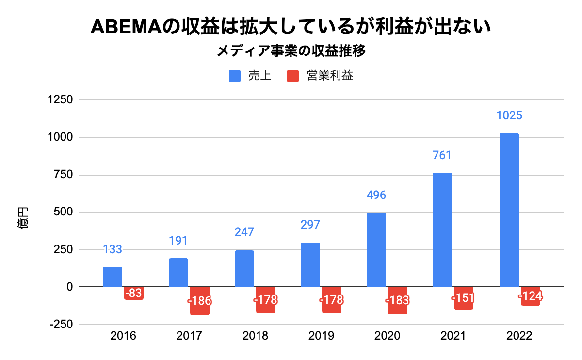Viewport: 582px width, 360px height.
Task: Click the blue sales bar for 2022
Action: click(509, 210)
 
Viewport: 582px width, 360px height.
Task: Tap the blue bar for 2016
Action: click(113, 277)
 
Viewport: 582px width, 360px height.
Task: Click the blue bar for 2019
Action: click(310, 264)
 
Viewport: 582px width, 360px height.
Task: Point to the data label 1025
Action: click(509, 116)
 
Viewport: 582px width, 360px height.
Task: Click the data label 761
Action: click(442, 155)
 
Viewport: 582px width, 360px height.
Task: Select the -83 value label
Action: click(133, 293)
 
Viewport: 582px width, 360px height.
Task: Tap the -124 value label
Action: click(530, 296)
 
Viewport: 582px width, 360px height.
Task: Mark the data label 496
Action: click(376, 195)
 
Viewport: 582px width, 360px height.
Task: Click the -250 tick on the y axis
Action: click(61, 325)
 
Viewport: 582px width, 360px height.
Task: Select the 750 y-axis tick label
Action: click(63, 175)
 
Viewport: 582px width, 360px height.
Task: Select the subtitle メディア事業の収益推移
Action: click(291, 51)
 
